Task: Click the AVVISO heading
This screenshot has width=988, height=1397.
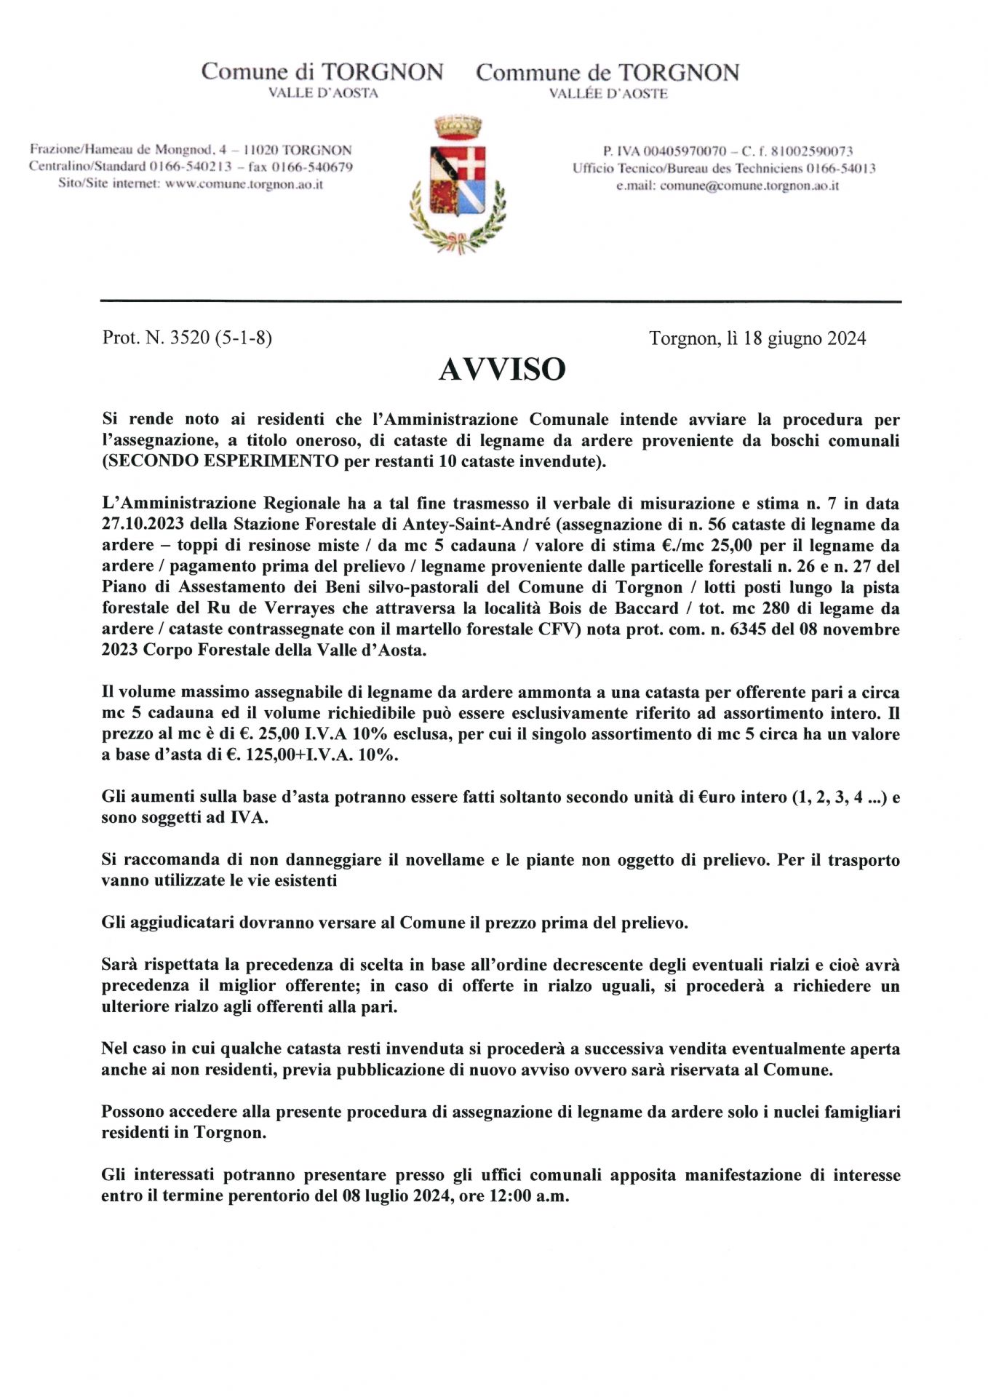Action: click(501, 370)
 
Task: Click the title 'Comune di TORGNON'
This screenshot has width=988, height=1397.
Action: click(322, 72)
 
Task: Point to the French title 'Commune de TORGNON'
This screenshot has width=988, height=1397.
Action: click(607, 73)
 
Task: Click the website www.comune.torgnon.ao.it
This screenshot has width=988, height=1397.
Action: click(244, 184)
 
